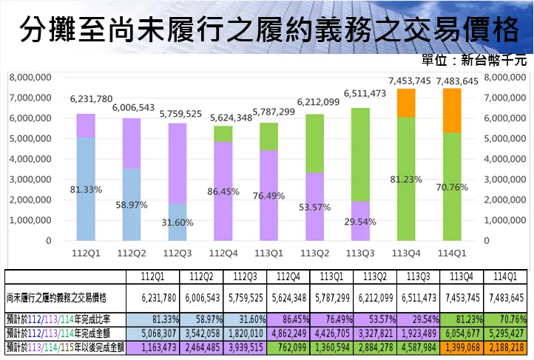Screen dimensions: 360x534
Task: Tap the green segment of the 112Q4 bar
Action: click(x=224, y=133)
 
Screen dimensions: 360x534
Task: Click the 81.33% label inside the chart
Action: click(x=86, y=190)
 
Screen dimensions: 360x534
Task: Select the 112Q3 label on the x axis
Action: click(x=178, y=254)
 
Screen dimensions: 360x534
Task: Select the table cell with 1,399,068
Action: click(x=462, y=347)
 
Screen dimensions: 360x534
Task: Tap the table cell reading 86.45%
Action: click(x=291, y=319)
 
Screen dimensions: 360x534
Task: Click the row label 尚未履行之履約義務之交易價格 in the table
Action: click(x=56, y=298)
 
